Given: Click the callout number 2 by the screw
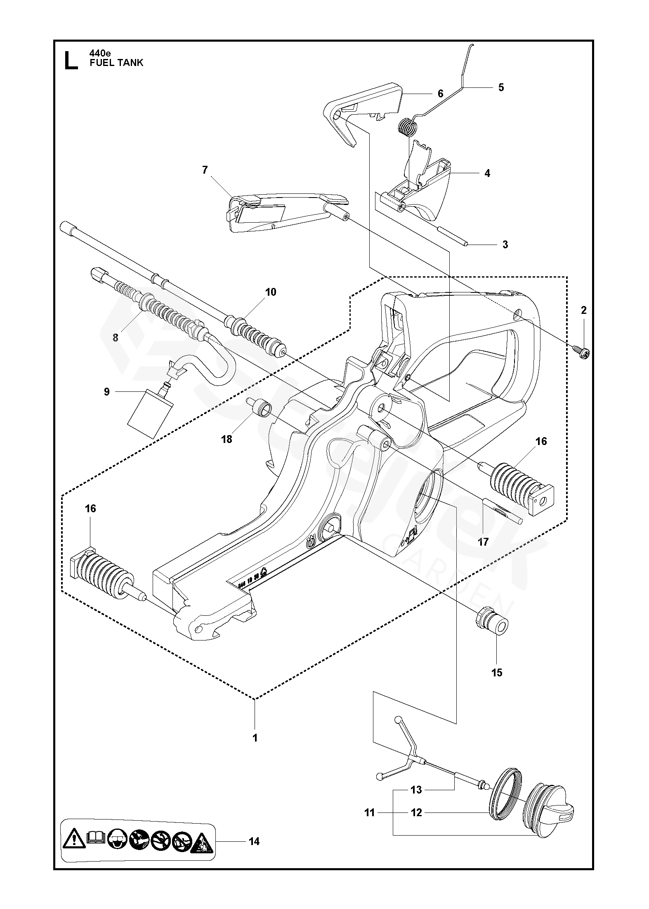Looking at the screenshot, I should pos(583,310).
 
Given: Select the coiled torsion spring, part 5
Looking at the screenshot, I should pos(408,125).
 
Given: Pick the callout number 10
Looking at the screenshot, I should pos(271,292).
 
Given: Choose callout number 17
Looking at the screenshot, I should pos(483,542).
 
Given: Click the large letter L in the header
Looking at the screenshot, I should pos(71,60).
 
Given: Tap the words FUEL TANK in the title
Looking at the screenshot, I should pos(116,63).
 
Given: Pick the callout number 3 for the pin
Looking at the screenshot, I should pos(505,245).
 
